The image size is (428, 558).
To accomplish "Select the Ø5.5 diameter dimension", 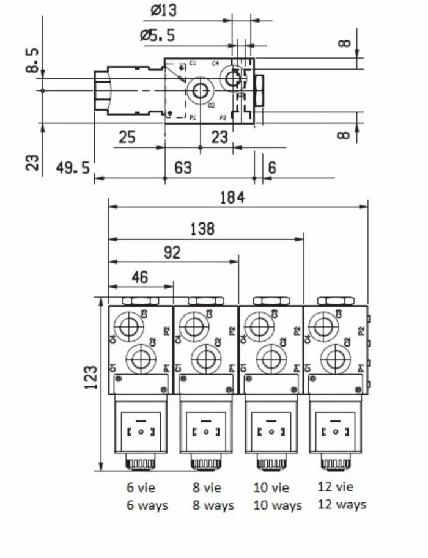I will point(158,35).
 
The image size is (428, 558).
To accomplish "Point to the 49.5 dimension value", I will point(73,167).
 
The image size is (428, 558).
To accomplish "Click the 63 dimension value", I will point(183,167).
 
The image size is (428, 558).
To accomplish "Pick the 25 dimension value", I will point(127,137).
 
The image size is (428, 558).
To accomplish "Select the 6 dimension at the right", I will point(271,167).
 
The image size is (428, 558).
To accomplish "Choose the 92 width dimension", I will point(173,252).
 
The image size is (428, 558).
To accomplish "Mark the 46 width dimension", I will point(139,277).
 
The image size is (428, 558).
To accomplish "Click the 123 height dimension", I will point(90,378).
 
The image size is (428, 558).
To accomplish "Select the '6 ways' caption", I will point(147,505).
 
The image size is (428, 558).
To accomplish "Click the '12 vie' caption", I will point(336,487).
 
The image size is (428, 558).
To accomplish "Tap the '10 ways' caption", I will point(277,505).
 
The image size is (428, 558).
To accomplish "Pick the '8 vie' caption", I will point(207,488).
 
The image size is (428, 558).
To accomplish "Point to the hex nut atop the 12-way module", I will point(335,300).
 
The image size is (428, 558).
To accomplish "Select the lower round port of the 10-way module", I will point(271,359).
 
